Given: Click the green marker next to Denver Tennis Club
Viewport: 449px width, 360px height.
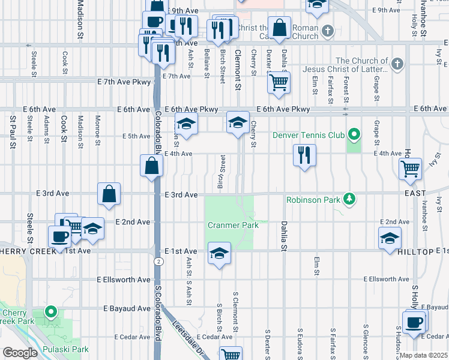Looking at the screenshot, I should (354, 134).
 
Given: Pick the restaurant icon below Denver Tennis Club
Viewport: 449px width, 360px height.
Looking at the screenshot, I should (304, 155).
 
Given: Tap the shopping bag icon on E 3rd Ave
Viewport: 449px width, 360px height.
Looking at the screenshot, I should (109, 194).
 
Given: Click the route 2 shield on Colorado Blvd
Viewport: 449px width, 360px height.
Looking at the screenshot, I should (158, 262).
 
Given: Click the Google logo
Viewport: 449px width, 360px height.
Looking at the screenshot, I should (20, 353).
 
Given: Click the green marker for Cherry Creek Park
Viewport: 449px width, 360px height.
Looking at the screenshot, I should (52, 312).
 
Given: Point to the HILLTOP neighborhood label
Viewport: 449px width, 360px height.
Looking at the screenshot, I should (415, 253).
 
